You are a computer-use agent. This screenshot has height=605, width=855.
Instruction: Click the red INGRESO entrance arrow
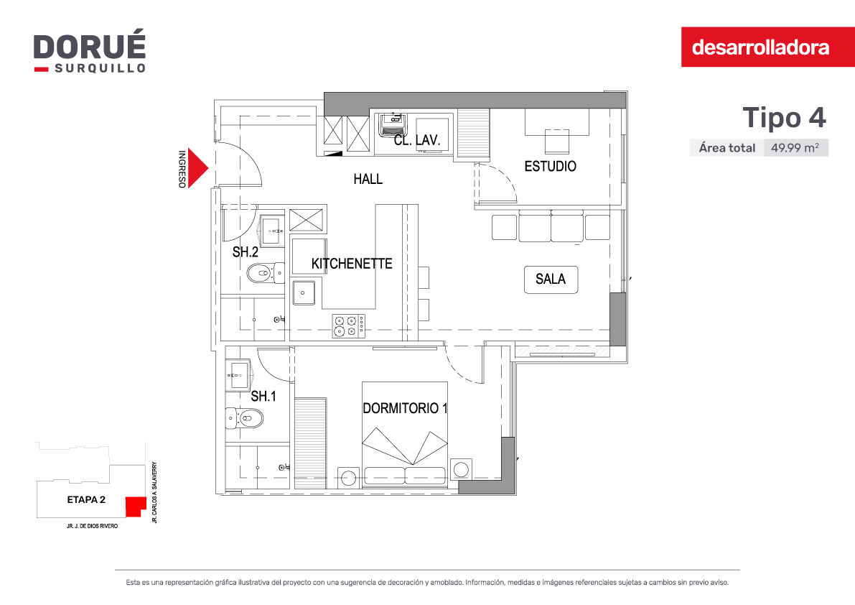197,168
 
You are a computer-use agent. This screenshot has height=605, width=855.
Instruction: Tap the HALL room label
368,179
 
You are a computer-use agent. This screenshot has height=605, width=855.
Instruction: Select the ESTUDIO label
550,167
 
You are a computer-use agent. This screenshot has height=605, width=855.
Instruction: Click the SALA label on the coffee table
551,280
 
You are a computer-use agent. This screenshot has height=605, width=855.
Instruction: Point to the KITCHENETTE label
352,264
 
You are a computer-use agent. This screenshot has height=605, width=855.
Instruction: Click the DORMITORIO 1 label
405,408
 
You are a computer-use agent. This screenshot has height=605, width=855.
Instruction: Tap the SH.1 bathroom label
263,397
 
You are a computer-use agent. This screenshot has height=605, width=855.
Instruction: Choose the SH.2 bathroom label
246,252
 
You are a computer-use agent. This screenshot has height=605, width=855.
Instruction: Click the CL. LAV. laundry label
417,140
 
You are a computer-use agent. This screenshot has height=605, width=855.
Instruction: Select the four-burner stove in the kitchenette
349,325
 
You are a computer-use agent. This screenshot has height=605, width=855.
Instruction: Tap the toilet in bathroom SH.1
244,418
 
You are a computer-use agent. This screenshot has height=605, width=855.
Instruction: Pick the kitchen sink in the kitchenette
304,292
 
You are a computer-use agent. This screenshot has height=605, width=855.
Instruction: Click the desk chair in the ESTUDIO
557,142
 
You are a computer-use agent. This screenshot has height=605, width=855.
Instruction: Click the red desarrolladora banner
767,47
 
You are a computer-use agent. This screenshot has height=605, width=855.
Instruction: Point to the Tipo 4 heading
784,117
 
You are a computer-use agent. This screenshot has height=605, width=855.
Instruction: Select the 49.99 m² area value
795,148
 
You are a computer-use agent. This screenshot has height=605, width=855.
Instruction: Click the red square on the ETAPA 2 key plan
136,507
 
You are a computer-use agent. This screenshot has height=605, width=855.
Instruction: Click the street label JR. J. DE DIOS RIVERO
92,527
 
